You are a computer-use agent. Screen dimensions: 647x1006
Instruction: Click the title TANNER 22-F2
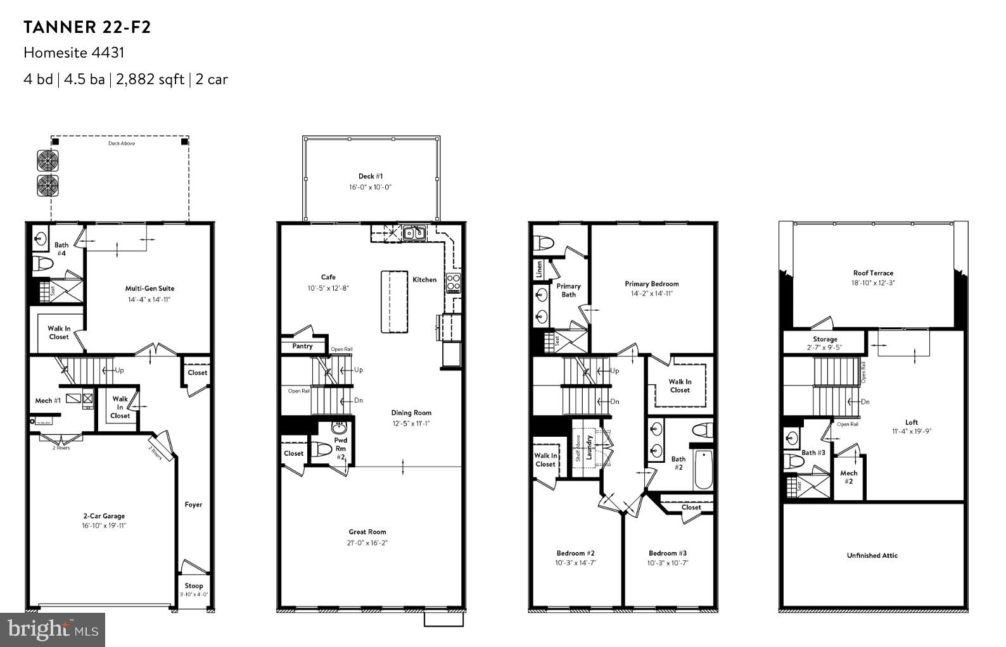coord(87,27)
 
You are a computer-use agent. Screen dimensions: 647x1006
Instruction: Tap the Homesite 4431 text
coord(73,53)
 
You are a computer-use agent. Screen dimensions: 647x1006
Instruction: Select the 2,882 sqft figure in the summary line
coord(148,79)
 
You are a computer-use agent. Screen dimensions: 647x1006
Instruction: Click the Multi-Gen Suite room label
coord(150,289)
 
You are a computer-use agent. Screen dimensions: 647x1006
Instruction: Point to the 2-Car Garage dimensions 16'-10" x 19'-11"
coord(104,526)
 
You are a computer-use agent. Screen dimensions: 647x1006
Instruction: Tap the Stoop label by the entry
coord(194,586)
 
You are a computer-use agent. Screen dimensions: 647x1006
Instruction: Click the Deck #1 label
coord(371,177)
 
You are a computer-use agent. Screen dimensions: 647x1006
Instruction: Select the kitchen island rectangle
coord(394,301)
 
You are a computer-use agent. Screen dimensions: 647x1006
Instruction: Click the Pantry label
coord(302,346)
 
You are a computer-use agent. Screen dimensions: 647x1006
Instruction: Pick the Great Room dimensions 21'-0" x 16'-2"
coord(367,543)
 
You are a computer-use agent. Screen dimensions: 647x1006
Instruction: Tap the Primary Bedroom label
coord(651,284)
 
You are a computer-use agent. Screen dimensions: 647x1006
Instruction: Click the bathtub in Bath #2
coord(704,469)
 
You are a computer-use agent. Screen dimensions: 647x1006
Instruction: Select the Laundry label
coord(589,447)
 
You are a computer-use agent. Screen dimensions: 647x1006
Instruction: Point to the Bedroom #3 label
coord(667,553)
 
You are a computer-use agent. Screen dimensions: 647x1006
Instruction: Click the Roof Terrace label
coord(872,273)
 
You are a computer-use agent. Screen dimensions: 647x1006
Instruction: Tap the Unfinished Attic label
coord(872,555)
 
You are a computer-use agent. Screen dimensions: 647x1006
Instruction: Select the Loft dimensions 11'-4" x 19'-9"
coord(911,432)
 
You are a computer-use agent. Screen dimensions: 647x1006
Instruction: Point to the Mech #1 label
coord(48,401)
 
